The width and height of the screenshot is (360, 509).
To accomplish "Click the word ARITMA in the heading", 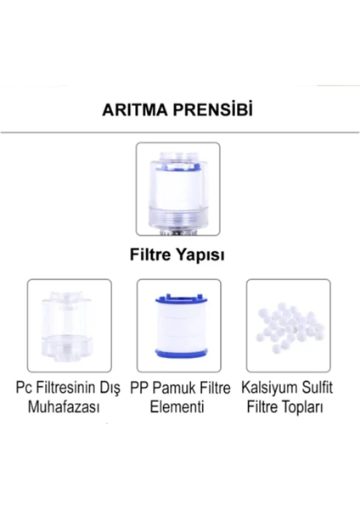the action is [135, 110].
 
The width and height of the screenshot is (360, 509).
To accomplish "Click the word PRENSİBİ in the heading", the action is [213, 109].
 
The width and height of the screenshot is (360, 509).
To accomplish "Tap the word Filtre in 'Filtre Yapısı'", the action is [150, 255].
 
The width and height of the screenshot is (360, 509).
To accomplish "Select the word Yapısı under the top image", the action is [200, 255].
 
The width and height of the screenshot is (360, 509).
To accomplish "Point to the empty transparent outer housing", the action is [69, 326].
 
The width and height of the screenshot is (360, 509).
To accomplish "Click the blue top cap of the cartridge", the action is [179, 298].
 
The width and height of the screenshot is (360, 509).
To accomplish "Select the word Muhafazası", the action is [64, 406].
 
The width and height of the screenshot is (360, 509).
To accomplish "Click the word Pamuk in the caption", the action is [174, 388].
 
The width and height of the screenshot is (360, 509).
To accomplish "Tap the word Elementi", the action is [177, 406].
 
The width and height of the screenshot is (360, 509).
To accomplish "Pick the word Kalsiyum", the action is [270, 388].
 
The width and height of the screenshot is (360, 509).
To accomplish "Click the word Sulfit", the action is [317, 387].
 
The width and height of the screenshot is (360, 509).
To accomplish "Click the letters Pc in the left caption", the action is [24, 388].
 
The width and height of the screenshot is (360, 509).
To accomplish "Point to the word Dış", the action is [111, 389].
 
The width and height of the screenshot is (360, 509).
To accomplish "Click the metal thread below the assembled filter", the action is [177, 232].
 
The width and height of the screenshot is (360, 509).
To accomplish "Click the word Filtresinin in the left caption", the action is [67, 388].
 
